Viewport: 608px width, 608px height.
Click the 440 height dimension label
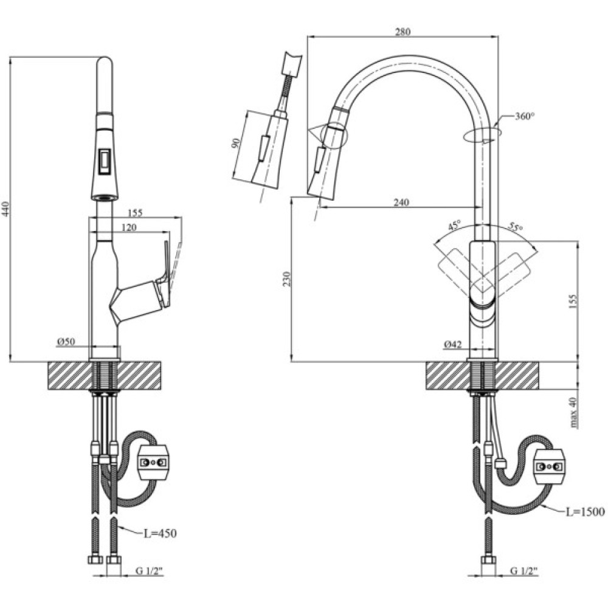coord(6,210)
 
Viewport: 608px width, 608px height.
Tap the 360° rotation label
coord(524,116)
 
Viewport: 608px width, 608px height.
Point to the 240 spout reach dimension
coord(401,202)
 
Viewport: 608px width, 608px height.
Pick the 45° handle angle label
coord(454,226)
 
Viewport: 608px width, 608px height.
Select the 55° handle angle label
coord(516,227)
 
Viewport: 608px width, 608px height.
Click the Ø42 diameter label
coord(453,345)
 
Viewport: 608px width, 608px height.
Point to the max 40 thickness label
coord(573,413)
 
